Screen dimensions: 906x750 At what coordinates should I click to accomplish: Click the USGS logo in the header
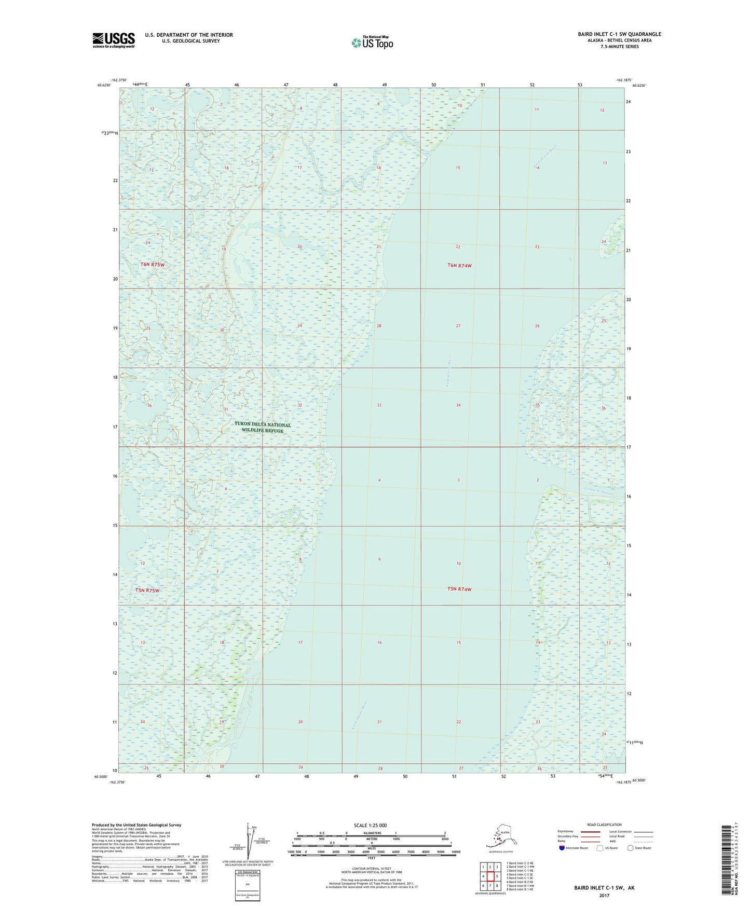[x=114, y=40]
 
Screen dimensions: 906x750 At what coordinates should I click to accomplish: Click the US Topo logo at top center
[x=372, y=43]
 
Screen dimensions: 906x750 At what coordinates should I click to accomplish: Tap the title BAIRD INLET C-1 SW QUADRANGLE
[x=619, y=34]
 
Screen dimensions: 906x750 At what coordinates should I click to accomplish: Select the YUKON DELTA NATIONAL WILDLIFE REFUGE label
[x=263, y=428]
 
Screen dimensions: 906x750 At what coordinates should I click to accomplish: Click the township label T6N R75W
[x=152, y=265]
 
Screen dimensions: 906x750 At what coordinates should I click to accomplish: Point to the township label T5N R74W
[x=459, y=589]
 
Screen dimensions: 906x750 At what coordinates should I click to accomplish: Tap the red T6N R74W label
[x=459, y=266]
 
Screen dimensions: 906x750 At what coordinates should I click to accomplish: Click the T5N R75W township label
[x=147, y=591]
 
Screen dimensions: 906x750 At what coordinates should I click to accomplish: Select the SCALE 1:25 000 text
[x=371, y=826]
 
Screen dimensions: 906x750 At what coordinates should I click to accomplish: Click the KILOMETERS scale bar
[x=371, y=836]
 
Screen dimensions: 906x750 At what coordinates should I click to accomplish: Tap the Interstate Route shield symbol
[x=562, y=848]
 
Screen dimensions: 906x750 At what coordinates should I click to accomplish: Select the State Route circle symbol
[x=631, y=848]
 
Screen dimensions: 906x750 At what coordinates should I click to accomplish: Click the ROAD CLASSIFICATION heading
[x=604, y=825]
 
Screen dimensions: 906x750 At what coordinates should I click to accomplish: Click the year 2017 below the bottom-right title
[x=604, y=895]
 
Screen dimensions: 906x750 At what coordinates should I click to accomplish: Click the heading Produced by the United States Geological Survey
[x=137, y=825]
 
